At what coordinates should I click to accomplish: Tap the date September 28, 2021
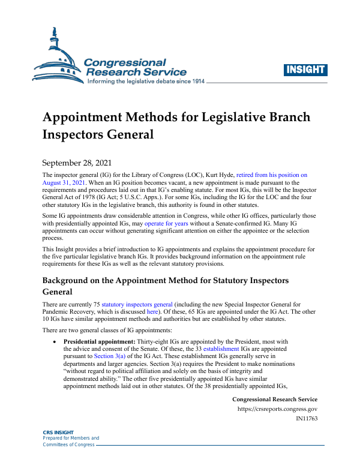click(77, 162)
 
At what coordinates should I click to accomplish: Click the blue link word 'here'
click(153, 313)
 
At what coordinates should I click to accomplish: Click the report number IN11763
click(307, 419)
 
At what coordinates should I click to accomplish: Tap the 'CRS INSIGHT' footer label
click(58, 432)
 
